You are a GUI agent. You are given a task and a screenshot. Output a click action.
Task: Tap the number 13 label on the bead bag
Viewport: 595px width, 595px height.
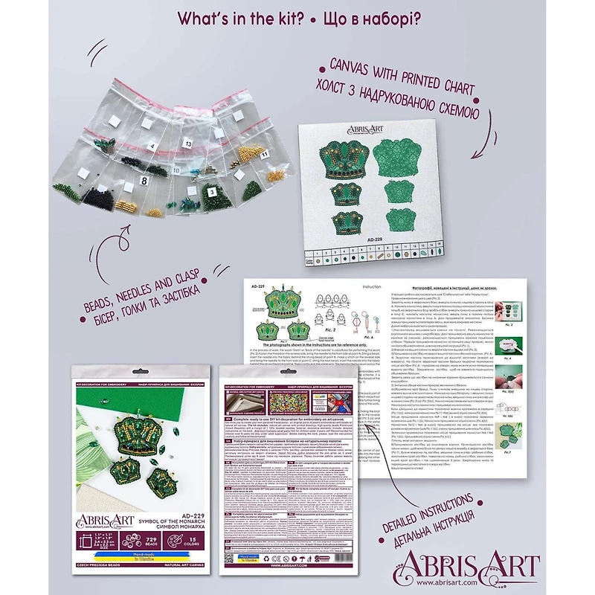[188, 142]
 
